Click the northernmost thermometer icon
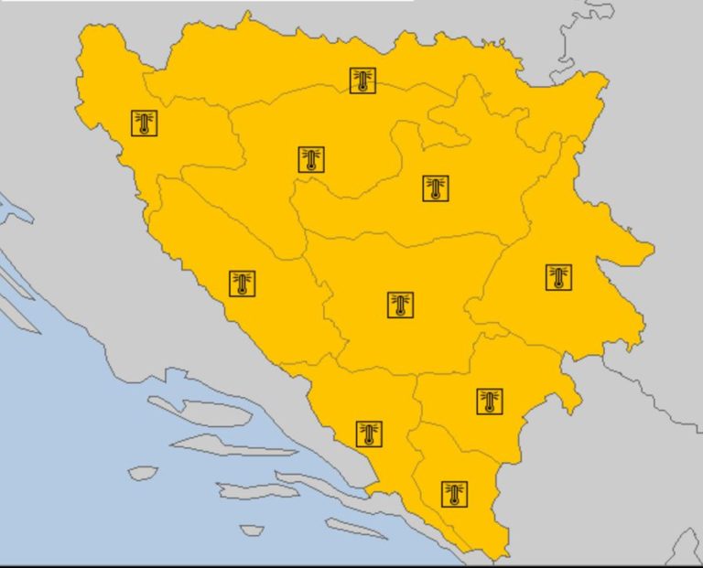[x=362, y=80]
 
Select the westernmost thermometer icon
[x=145, y=123]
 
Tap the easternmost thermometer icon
[x=558, y=277]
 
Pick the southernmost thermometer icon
[x=454, y=494]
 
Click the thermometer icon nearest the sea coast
[x=369, y=434]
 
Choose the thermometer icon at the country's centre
[x=400, y=305]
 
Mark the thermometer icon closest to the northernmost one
[x=312, y=159]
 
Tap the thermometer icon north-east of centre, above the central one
[x=436, y=188]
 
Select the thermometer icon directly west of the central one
[x=242, y=284]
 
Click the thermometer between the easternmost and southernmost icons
[x=490, y=401]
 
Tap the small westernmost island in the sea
[x=143, y=473]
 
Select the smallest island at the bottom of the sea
[x=251, y=530]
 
